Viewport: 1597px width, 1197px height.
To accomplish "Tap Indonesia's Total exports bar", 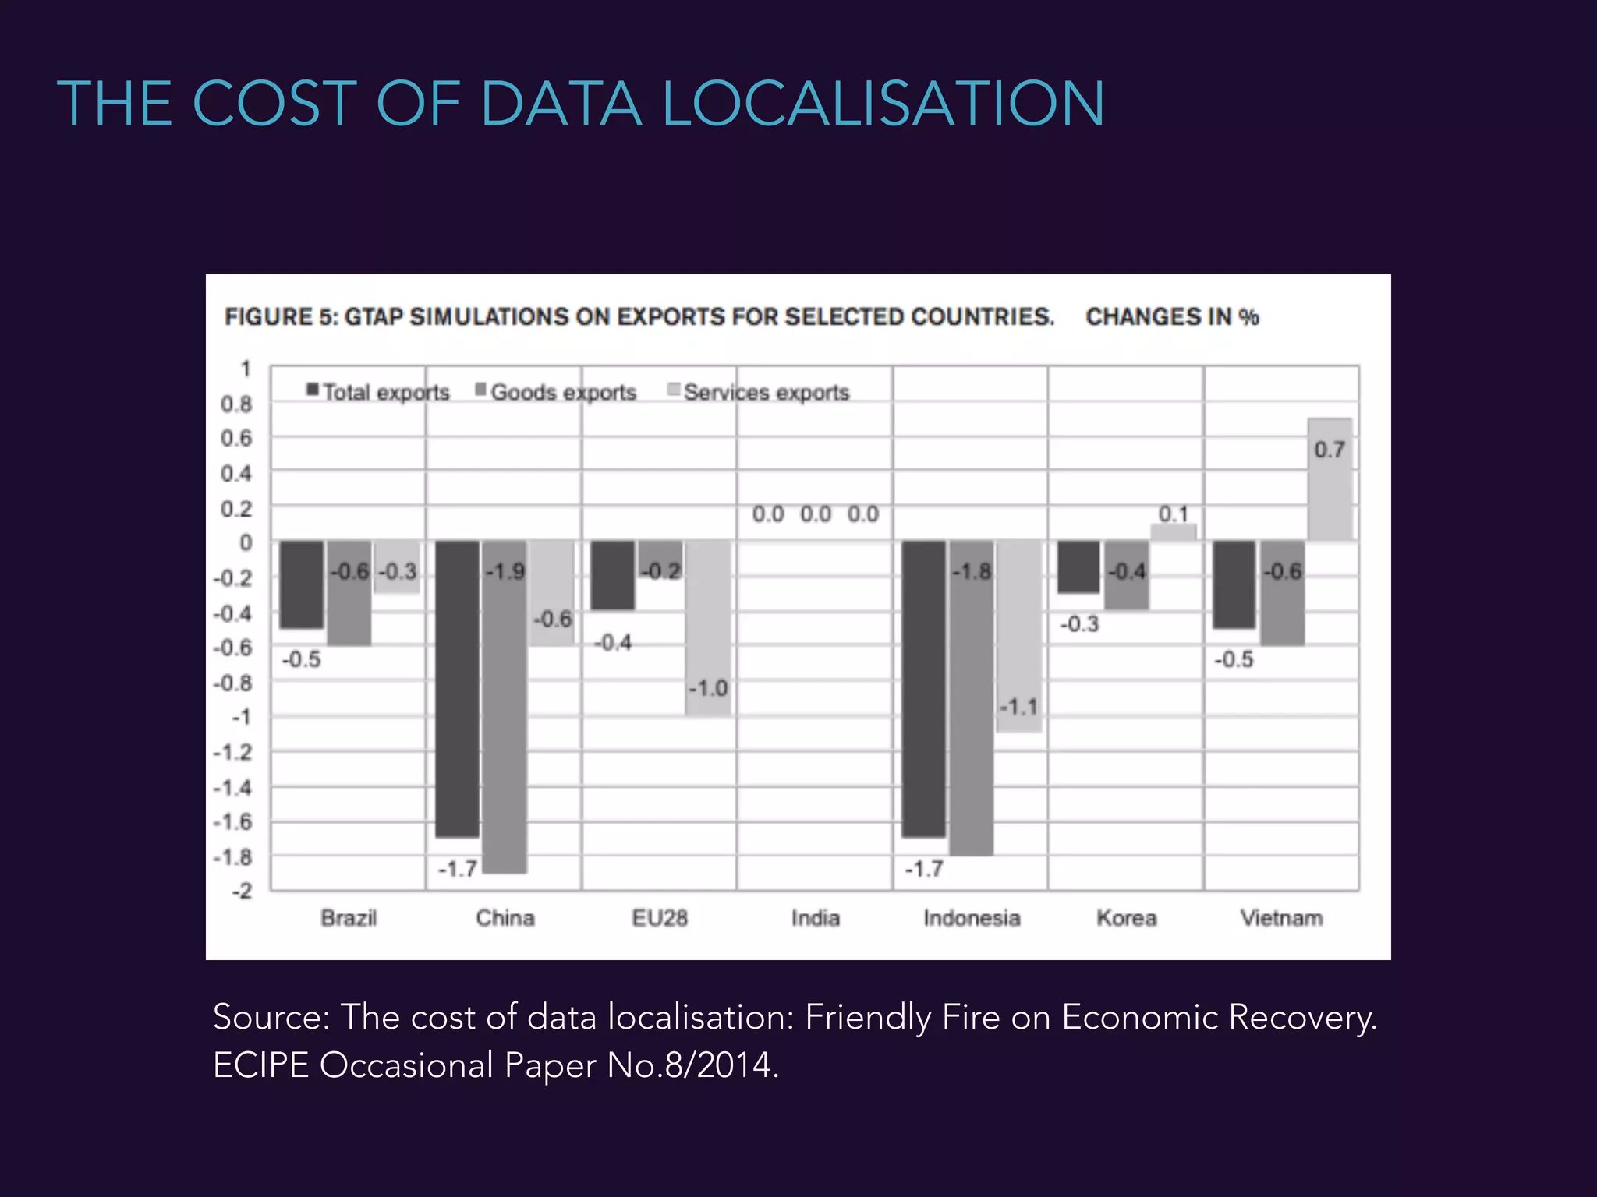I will pos(924,690).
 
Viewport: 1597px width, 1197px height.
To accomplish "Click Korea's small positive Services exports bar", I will pos(1173,533).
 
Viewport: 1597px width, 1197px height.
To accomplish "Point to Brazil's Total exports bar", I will pos(302,584).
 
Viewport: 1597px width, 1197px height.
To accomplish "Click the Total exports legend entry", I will pos(379,392).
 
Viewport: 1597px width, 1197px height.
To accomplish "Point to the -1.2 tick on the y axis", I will pos(234,753).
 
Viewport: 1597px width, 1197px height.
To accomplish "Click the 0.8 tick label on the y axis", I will pos(236,404).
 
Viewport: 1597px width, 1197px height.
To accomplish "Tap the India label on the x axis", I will pos(816,918).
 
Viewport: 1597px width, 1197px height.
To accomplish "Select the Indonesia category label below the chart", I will pos(972,918).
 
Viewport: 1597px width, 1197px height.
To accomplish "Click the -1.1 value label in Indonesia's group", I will pos(1019,708).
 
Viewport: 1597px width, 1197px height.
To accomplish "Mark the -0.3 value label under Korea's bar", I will pos(1079,624).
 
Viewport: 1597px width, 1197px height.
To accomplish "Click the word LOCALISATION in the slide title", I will pos(883,104).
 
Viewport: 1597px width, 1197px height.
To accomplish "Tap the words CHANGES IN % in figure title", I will pos(1172,317).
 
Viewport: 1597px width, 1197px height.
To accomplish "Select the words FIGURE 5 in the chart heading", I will pos(279,317).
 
